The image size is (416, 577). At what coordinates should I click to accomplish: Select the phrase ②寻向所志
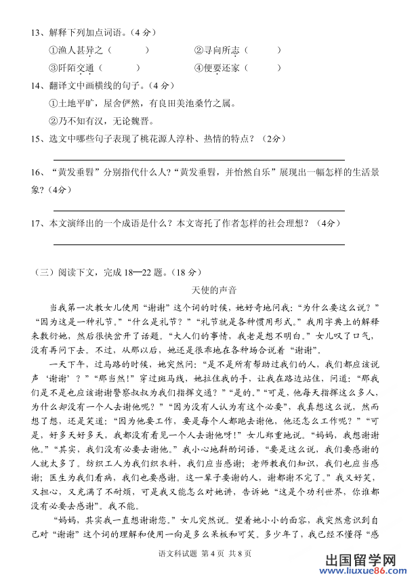click(217, 50)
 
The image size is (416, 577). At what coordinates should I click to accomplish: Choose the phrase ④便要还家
click(217, 68)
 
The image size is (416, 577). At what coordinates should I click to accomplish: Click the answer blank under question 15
click(199, 160)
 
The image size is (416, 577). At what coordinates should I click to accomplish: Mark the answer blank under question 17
click(199, 244)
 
